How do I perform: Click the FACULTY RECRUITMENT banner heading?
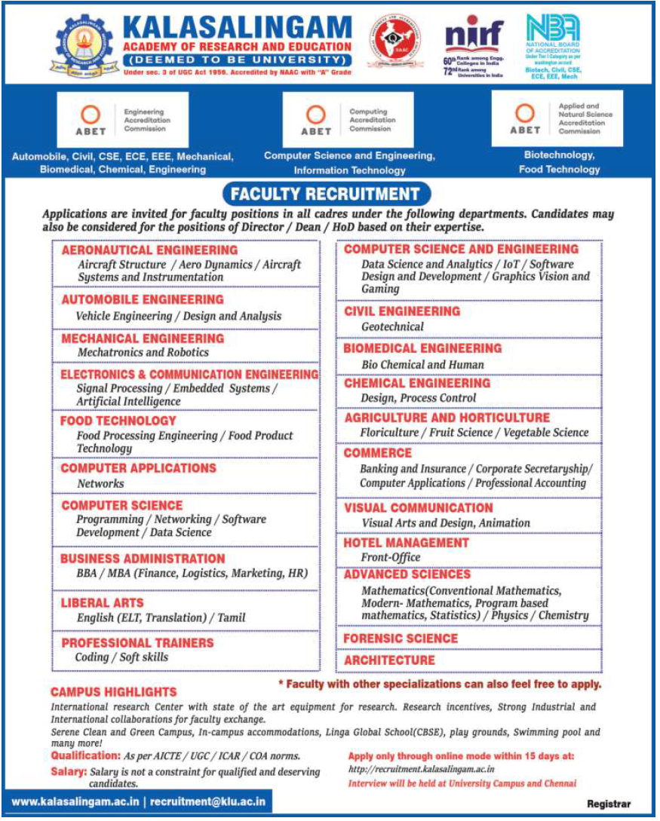click(x=324, y=195)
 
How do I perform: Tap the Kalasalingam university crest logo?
click(x=84, y=44)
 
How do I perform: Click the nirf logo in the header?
click(x=474, y=37)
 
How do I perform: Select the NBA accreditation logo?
click(x=553, y=28)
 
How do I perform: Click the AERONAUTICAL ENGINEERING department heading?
click(x=149, y=250)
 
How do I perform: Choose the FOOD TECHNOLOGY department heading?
click(x=118, y=421)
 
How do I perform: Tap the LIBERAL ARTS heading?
click(x=103, y=603)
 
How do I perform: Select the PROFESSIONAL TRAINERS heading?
click(x=137, y=643)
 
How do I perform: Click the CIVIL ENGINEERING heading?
click(x=402, y=311)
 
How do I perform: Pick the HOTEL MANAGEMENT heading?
click(x=406, y=543)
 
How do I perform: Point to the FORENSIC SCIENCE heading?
click(x=401, y=639)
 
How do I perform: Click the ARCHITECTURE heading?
click(x=389, y=660)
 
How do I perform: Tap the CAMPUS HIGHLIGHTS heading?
click(x=114, y=692)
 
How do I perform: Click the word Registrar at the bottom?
click(x=608, y=804)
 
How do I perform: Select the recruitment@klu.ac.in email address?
click(x=207, y=802)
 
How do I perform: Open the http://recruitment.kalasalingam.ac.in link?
click(x=422, y=769)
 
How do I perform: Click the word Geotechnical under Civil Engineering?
click(x=392, y=327)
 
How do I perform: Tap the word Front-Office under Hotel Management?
click(x=391, y=558)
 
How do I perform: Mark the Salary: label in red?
click(x=68, y=771)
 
